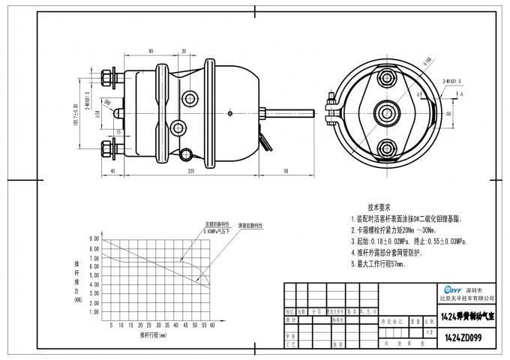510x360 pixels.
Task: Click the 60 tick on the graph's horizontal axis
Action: [212, 325]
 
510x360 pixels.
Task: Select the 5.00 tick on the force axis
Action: [94, 277]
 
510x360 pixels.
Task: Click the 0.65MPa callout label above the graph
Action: [222, 232]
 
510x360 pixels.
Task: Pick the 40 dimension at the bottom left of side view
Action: [112, 171]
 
